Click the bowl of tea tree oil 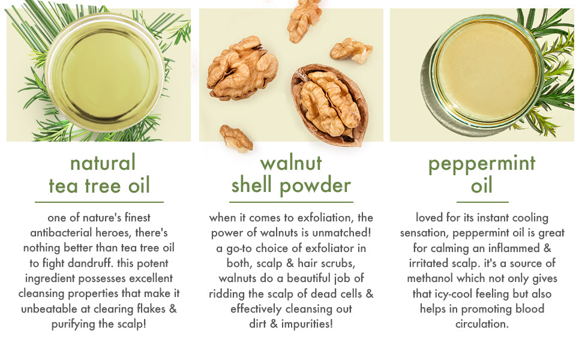[105, 73]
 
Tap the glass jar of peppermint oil [486, 71]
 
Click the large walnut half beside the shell [243, 68]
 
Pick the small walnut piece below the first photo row [236, 138]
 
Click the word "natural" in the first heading [103, 163]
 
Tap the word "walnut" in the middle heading [291, 163]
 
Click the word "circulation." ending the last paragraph [482, 324]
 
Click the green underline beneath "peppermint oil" [482, 202]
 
